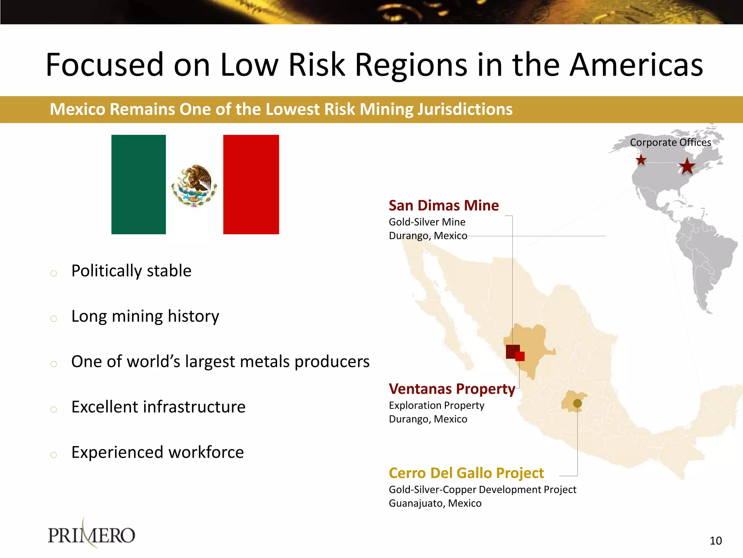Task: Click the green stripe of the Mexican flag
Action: [x=138, y=184]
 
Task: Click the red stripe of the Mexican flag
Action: [x=251, y=184]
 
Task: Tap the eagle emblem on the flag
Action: [x=194, y=185]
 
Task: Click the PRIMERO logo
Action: [x=91, y=535]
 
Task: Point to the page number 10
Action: [x=715, y=541]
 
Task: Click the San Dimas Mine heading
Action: [x=443, y=206]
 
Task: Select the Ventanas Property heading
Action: [x=452, y=389]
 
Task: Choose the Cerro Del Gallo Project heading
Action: [x=466, y=473]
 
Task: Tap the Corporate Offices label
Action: [x=670, y=142]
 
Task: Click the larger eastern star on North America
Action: [x=687, y=167]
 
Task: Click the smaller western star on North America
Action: [x=641, y=160]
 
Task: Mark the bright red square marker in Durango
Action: [x=520, y=356]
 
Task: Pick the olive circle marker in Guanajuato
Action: [x=578, y=403]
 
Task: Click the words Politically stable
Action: [x=131, y=271]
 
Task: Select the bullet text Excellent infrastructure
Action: [x=158, y=407]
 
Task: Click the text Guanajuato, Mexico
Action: [x=435, y=504]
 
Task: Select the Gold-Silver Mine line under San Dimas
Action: [x=427, y=222]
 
